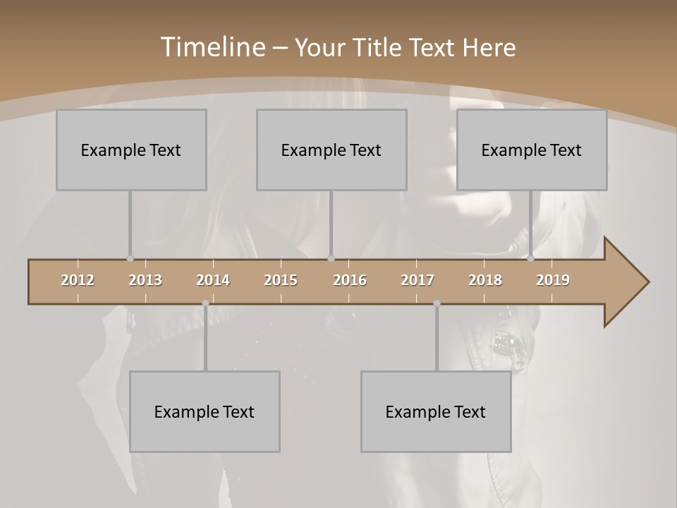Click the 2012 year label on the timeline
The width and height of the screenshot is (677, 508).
click(x=78, y=280)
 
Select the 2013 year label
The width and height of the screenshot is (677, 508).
click(x=145, y=280)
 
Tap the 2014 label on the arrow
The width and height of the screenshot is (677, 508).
click(x=213, y=280)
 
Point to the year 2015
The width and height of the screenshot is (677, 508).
click(x=281, y=280)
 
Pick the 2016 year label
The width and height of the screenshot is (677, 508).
click(x=350, y=280)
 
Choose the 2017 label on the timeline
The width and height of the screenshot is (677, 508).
click(x=417, y=280)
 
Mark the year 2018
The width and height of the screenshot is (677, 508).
click(x=485, y=280)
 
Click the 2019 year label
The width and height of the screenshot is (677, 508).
click(x=553, y=280)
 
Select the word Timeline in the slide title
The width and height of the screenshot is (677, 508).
click(x=212, y=47)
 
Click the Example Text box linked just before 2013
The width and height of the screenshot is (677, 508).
click(x=131, y=150)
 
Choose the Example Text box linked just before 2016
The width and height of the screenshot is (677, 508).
click(x=331, y=150)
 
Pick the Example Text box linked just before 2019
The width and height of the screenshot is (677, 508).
click(x=532, y=150)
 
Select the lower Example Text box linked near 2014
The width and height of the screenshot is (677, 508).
click(x=205, y=411)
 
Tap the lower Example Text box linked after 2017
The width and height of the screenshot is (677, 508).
click(x=436, y=411)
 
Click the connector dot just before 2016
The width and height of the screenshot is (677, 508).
click(x=331, y=259)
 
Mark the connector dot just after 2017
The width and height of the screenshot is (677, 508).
click(x=437, y=303)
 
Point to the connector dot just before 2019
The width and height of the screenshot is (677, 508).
click(x=531, y=259)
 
